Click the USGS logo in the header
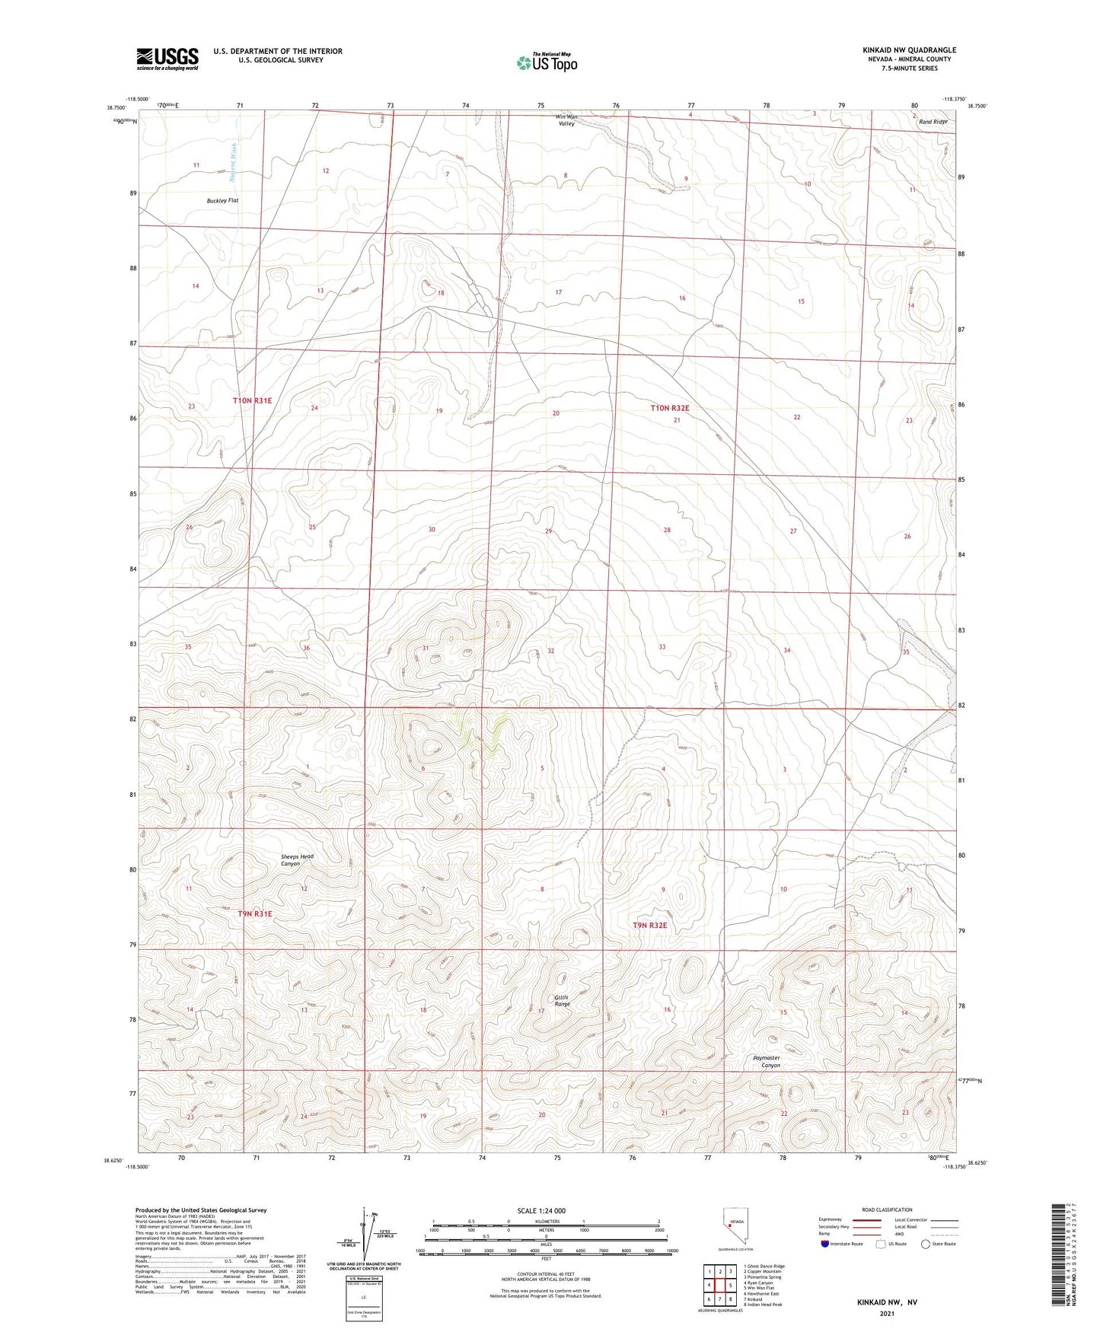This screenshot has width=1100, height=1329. (x=167, y=58)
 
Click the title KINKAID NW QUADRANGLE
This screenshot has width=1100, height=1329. (x=909, y=50)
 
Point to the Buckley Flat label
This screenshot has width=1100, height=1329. (x=222, y=201)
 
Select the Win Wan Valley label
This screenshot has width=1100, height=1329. (x=566, y=120)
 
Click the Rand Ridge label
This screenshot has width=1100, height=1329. (x=933, y=122)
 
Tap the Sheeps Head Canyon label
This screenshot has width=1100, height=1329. (x=297, y=860)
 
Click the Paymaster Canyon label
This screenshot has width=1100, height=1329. (x=767, y=1061)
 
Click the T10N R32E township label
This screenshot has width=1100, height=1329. (x=669, y=408)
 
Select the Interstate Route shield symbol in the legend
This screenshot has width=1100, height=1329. (x=825, y=1245)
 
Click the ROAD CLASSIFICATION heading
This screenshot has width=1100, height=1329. (x=887, y=1209)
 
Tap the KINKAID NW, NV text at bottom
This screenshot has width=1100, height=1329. (x=886, y=1302)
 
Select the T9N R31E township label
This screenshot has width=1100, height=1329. (x=254, y=913)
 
